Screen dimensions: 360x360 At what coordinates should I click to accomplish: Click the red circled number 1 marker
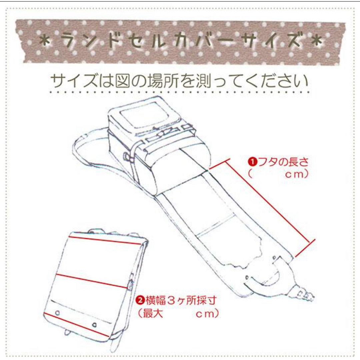(252, 162)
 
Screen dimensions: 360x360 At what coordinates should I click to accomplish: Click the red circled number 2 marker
(140, 300)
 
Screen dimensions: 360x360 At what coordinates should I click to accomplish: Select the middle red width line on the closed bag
(92, 281)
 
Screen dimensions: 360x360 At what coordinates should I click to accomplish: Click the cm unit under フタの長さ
(294, 174)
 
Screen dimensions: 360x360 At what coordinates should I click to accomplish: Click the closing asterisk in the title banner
(316, 41)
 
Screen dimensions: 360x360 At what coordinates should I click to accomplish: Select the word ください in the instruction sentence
(277, 81)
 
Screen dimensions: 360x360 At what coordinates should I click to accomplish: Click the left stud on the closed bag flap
(57, 313)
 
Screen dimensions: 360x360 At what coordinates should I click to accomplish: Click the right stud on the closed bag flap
(94, 325)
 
